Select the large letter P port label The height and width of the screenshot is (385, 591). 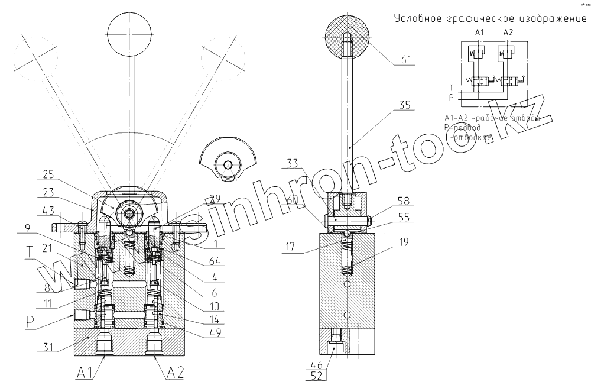tap(30, 321)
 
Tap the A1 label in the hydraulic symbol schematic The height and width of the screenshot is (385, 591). tap(479, 33)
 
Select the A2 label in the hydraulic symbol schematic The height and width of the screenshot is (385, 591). tap(508, 33)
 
